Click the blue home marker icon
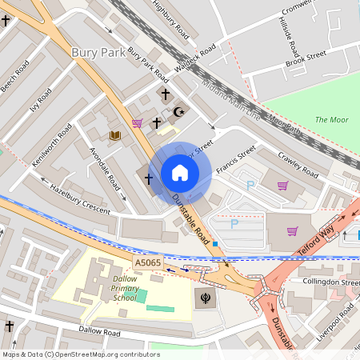click(x=180, y=173)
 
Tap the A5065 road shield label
click(x=147, y=262)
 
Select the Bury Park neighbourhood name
click(x=98, y=52)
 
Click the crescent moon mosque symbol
click(x=178, y=113)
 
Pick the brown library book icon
click(x=115, y=135)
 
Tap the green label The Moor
click(x=331, y=119)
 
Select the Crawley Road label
click(x=298, y=164)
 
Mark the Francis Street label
click(x=235, y=154)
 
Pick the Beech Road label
click(x=14, y=76)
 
